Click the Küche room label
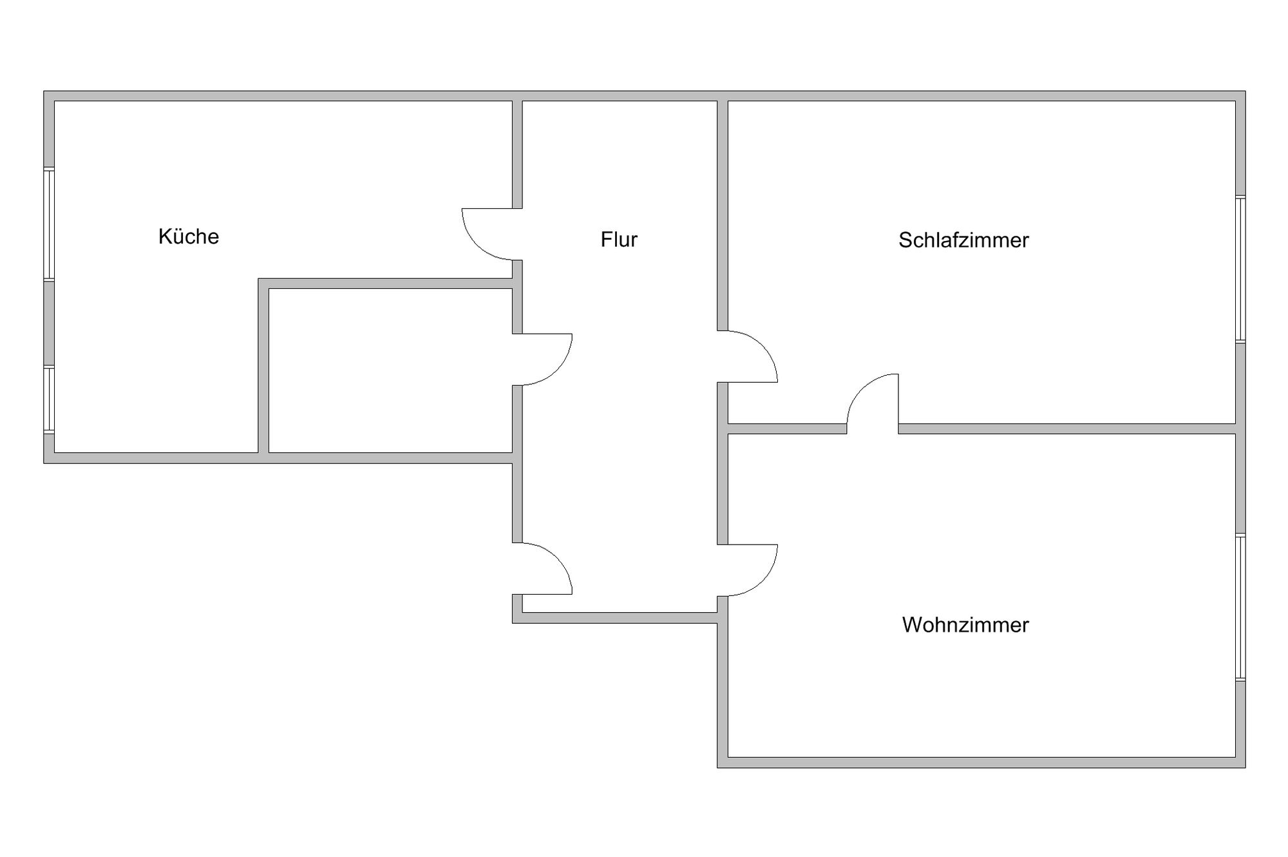pyautogui.click(x=189, y=236)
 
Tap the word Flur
pyautogui.click(x=619, y=239)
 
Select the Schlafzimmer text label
pyautogui.click(x=963, y=240)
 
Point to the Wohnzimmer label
pyautogui.click(x=965, y=624)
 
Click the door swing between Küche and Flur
pyautogui.click(x=491, y=234)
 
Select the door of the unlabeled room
pyautogui.click(x=542, y=360)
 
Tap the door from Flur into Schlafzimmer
pyautogui.click(x=748, y=356)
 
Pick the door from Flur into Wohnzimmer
pyautogui.click(x=748, y=570)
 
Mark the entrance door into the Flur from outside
pyautogui.click(x=542, y=568)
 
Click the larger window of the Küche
pyautogui.click(x=49, y=224)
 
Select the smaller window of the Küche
pyautogui.click(x=49, y=399)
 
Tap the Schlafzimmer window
pyautogui.click(x=1240, y=269)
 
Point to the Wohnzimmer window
pyautogui.click(x=1240, y=607)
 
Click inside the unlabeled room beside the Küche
pyautogui.click(x=390, y=371)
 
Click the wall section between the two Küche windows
pyautogui.click(x=49, y=323)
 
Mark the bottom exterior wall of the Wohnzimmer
pyautogui.click(x=981, y=762)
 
